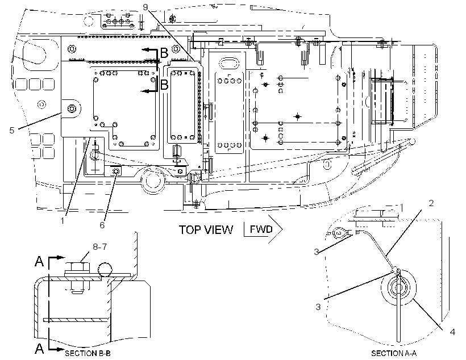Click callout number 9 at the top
(145, 7)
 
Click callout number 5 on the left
(11, 130)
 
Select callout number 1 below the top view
(63, 221)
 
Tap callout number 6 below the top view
(102, 225)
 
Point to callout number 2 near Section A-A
(431, 203)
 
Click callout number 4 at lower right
(452, 332)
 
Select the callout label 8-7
(99, 246)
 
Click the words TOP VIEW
(206, 229)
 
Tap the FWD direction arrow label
(261, 229)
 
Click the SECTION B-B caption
(88, 353)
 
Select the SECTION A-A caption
(394, 353)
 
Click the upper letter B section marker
(164, 53)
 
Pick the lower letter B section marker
(164, 85)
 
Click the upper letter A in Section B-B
(39, 261)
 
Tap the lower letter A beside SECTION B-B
(39, 348)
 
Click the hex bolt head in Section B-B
(77, 266)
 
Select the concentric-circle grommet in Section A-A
(398, 287)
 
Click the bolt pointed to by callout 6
(116, 171)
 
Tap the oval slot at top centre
(229, 64)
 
